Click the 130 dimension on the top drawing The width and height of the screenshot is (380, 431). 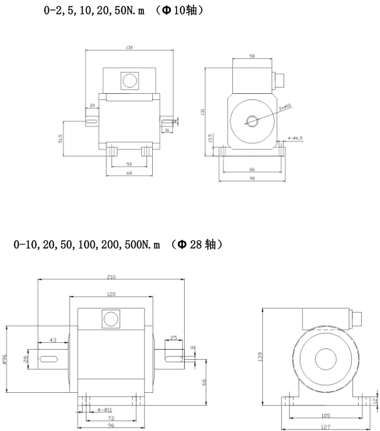pyautogui.click(x=130, y=47)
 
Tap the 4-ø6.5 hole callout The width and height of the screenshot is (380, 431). pyautogui.click(x=295, y=137)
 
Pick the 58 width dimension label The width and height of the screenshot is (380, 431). pyautogui.click(x=253, y=56)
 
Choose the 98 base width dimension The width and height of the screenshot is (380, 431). pyautogui.click(x=253, y=179)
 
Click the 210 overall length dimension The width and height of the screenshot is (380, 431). pyautogui.click(x=111, y=277)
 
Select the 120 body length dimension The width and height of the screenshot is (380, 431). pyautogui.click(x=113, y=293)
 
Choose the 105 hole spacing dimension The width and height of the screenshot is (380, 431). pyautogui.click(x=324, y=415)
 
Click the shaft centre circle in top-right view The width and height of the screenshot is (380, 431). pyautogui.click(x=252, y=121)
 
